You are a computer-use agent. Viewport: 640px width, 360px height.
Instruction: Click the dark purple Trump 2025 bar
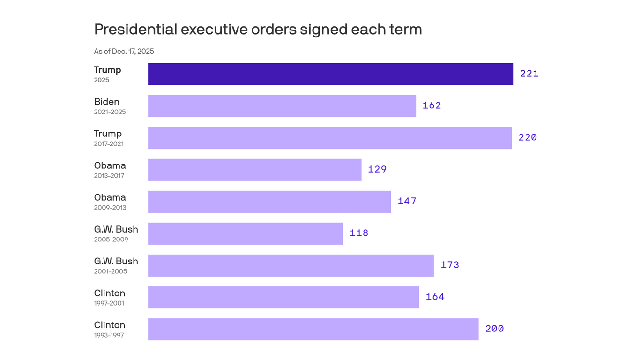(x=330, y=74)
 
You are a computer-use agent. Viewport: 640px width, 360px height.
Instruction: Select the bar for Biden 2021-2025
(x=282, y=106)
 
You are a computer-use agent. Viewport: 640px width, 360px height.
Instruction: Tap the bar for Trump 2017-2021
(x=329, y=138)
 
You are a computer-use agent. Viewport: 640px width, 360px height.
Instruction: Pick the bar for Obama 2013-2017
(x=254, y=170)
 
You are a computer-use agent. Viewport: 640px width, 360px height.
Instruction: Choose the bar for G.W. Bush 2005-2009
(x=245, y=233)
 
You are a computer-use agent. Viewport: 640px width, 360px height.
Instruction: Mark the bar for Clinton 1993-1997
(x=313, y=329)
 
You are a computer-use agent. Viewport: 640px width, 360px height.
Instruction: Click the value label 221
(x=529, y=74)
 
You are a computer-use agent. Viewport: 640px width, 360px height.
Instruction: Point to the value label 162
(x=432, y=105)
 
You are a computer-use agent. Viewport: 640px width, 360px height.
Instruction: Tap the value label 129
(x=377, y=169)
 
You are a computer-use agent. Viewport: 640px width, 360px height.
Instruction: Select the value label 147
(x=407, y=201)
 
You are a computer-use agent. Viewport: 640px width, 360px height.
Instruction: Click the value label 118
(x=359, y=233)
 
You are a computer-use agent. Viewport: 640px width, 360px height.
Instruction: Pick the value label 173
(x=450, y=265)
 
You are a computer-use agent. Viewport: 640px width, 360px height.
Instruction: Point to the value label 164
(x=435, y=297)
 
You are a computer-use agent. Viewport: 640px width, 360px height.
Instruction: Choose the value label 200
(x=494, y=329)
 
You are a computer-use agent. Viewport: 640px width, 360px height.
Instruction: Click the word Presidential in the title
(x=135, y=29)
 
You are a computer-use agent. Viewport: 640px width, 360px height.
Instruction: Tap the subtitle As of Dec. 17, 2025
(x=124, y=52)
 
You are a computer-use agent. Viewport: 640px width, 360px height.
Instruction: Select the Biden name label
(x=106, y=102)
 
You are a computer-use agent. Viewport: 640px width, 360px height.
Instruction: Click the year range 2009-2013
(x=110, y=208)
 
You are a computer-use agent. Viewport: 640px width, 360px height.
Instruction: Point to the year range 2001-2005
(x=110, y=271)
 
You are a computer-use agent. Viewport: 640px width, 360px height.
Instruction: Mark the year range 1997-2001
(x=109, y=303)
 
